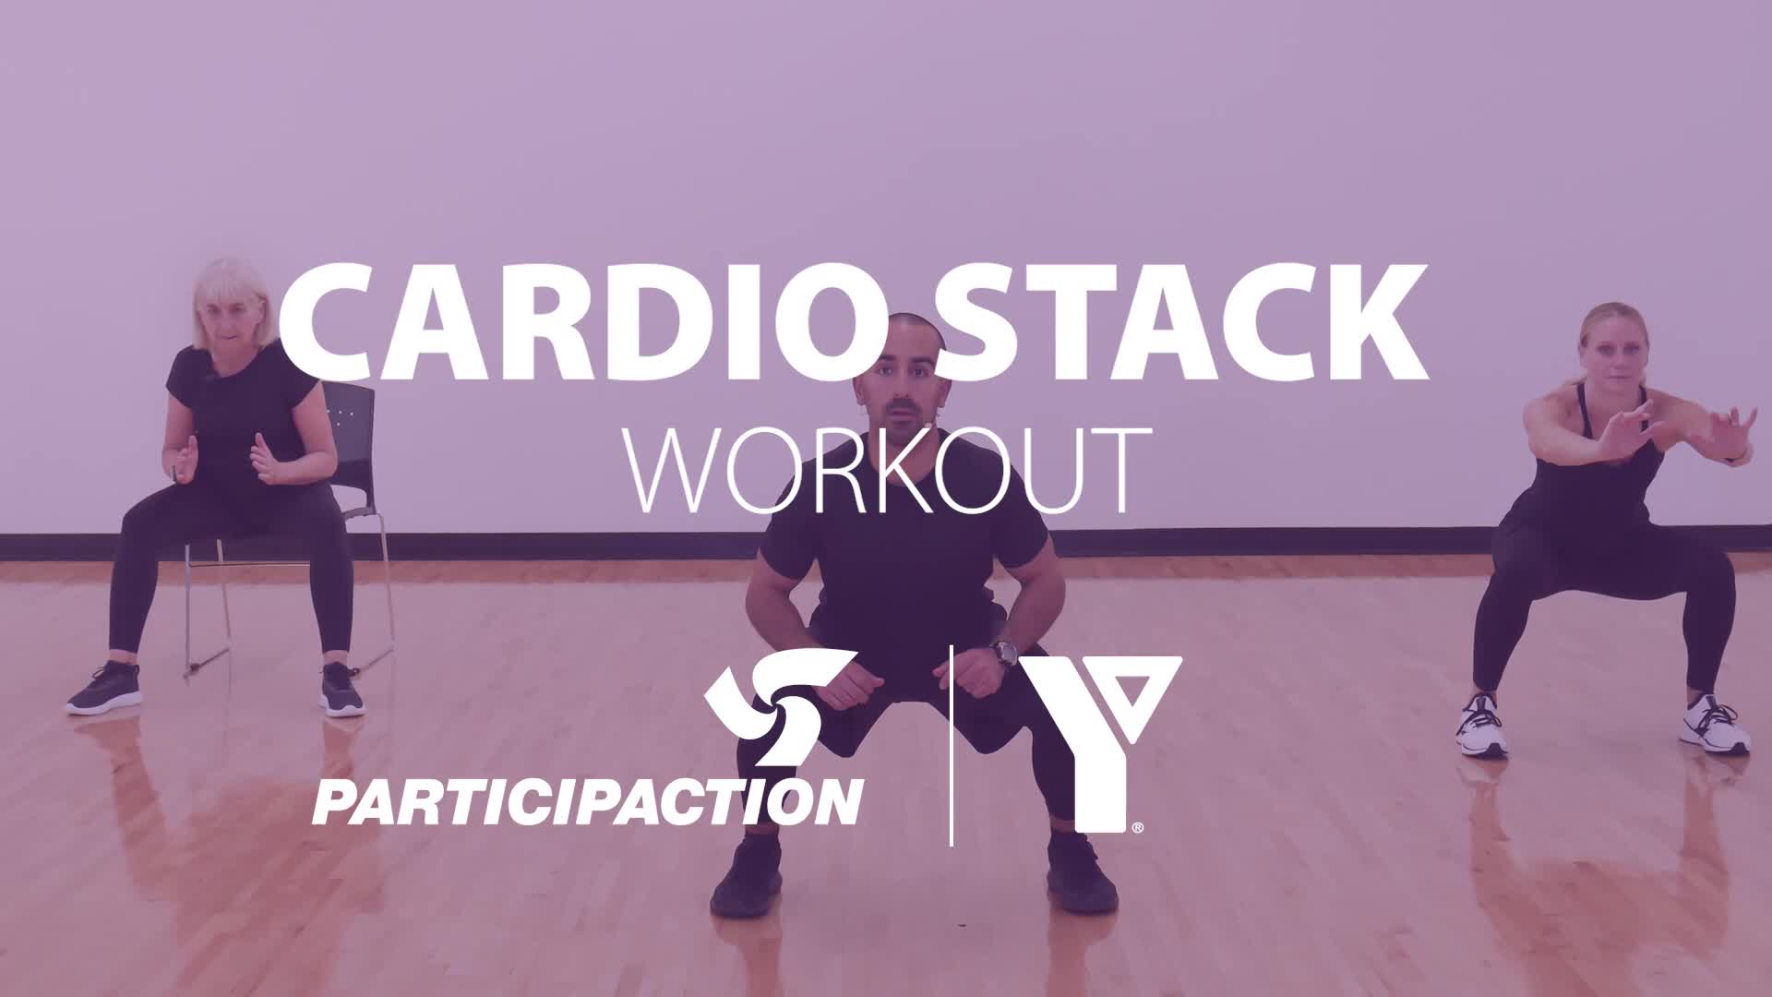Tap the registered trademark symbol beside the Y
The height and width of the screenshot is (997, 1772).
[1138, 827]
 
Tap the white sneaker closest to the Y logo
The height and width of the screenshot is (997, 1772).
[1482, 726]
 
